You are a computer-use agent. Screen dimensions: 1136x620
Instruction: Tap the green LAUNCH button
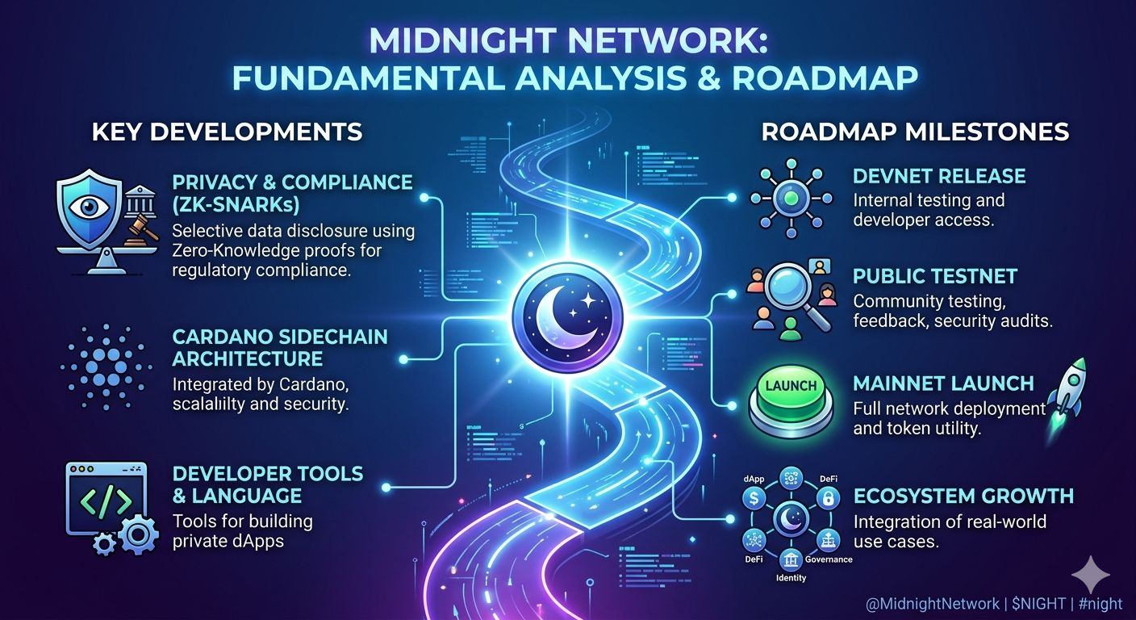point(791,387)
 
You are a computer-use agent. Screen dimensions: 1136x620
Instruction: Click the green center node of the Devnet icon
point(790,198)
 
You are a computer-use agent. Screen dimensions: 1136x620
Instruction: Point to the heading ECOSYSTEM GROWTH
point(963,496)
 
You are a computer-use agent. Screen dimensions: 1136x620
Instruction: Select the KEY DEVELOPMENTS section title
point(227,132)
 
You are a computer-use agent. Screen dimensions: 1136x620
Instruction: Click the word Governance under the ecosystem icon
point(829,559)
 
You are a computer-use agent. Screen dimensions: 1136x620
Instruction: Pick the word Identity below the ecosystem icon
point(791,578)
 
